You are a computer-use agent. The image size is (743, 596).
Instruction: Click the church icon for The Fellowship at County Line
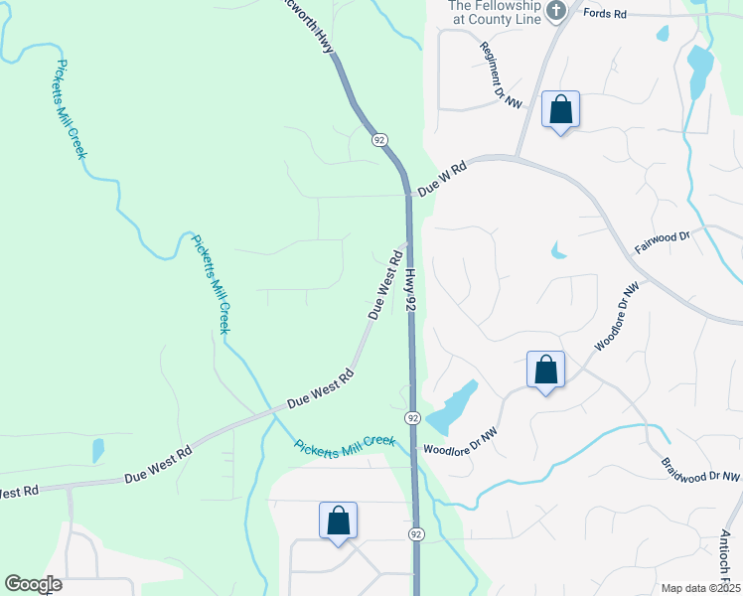[556, 11]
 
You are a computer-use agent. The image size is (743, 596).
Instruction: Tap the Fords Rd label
[606, 14]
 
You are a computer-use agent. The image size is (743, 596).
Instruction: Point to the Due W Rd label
[441, 180]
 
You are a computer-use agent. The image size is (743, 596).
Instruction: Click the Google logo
[33, 584]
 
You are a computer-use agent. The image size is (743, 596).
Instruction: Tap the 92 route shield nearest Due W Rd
[379, 140]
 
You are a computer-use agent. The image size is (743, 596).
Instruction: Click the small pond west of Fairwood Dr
[558, 250]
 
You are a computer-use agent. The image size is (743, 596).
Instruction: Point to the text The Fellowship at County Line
[497, 13]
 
